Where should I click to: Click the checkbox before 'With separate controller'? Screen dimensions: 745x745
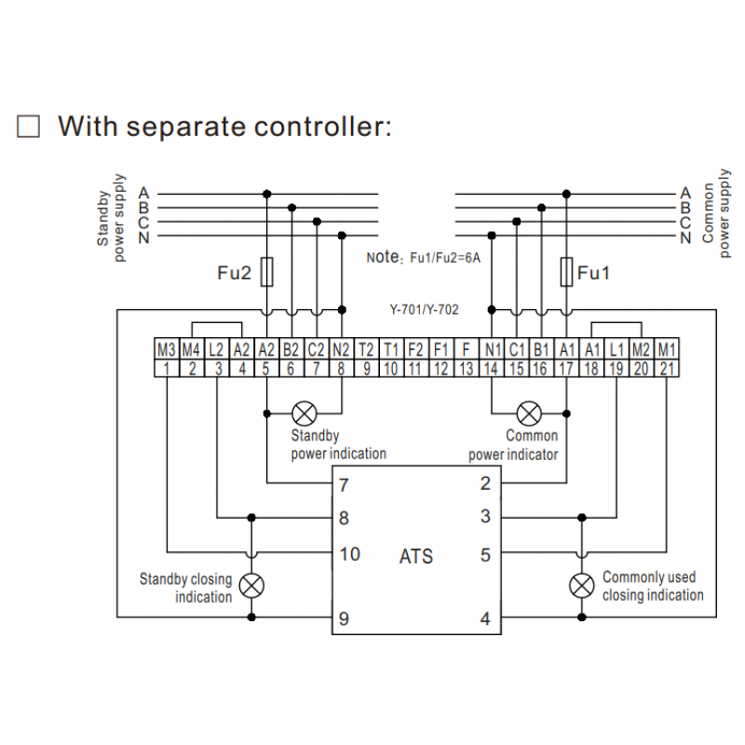point(29,127)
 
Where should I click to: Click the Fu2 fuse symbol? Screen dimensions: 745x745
point(268,273)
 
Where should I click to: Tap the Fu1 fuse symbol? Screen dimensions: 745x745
point(565,273)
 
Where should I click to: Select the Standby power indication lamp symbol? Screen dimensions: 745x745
point(304,413)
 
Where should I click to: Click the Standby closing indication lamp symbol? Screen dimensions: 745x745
point(251,585)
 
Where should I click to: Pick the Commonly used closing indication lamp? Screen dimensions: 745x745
point(582,585)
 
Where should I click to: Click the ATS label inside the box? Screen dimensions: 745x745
point(416,558)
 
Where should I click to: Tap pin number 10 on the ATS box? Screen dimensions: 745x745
point(349,554)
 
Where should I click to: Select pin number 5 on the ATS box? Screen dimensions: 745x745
point(485,555)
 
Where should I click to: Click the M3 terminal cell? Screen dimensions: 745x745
point(166,350)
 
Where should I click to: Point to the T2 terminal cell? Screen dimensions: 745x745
point(366,350)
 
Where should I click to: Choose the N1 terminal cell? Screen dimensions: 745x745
point(492,350)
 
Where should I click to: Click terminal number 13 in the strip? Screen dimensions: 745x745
point(467,369)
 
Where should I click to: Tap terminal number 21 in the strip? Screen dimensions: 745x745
point(667,369)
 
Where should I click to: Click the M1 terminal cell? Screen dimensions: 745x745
point(667,350)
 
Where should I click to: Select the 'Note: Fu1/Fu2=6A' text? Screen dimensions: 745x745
point(424,257)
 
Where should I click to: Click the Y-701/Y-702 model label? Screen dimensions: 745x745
point(424,308)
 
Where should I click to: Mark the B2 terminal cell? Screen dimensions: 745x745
point(291,350)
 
